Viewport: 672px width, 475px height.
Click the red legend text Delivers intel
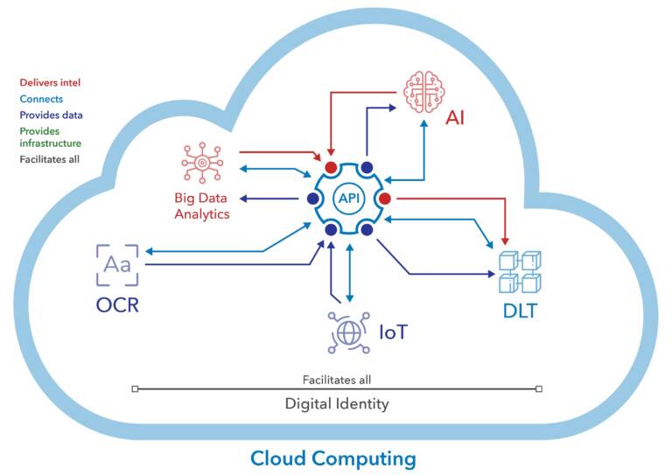point(50,83)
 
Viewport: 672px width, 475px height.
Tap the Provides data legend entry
point(51,115)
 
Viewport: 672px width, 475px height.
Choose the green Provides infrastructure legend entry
point(51,137)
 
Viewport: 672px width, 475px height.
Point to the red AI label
point(455,117)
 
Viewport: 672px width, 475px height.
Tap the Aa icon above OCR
point(117,265)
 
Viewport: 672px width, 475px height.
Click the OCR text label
point(118,305)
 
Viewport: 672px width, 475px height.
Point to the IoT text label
point(394,332)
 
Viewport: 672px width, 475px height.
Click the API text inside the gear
point(349,199)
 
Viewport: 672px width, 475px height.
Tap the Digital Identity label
point(336,404)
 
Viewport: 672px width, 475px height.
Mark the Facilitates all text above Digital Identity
point(337,380)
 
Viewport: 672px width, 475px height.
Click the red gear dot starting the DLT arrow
point(385,199)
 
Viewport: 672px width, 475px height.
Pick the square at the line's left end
point(134,388)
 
